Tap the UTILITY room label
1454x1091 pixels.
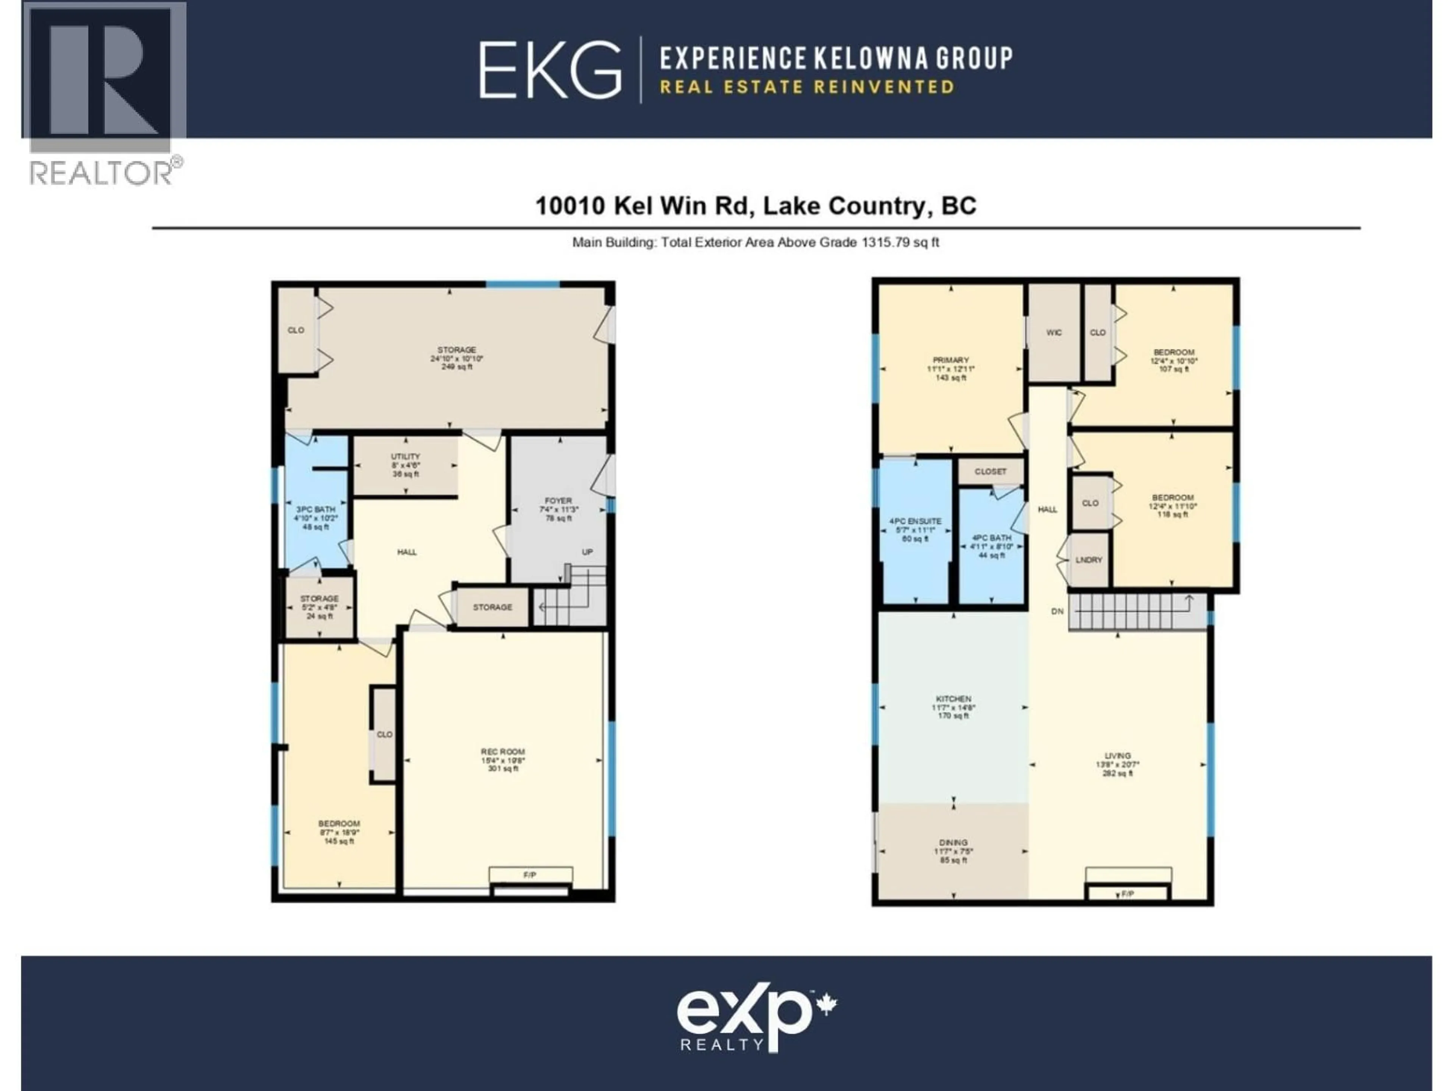click(x=406, y=456)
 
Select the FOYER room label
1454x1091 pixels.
click(x=558, y=500)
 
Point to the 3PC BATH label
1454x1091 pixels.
click(x=315, y=510)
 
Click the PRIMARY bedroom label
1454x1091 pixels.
click(x=950, y=360)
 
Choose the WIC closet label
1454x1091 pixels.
click(x=1054, y=333)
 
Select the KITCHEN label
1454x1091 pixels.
click(x=953, y=699)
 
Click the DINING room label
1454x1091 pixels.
click(x=953, y=842)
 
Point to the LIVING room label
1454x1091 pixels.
click(x=1117, y=756)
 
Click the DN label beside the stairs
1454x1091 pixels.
click(x=1057, y=611)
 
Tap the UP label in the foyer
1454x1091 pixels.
click(x=587, y=552)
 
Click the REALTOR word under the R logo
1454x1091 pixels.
click(x=101, y=173)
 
